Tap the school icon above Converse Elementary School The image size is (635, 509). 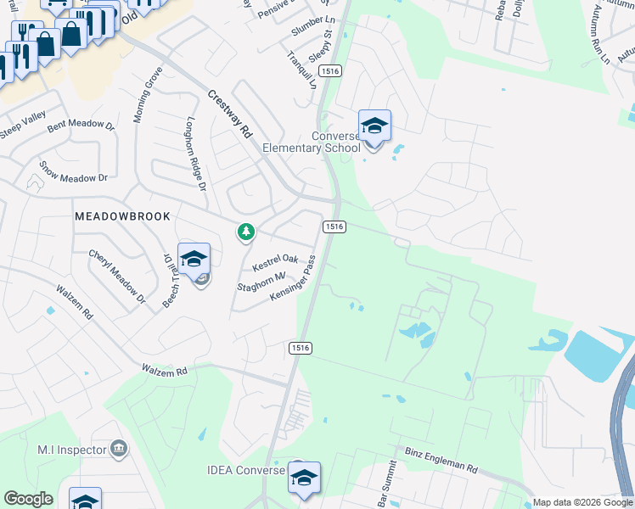click(374, 126)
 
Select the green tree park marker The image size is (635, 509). click(246, 231)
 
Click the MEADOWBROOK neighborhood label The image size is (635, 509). click(122, 216)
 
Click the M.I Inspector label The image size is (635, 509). click(71, 449)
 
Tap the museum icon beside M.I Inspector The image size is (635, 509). click(119, 449)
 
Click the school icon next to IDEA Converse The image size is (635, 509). click(304, 478)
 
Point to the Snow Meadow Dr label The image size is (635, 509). click(74, 176)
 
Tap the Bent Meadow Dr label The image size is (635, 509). click(81, 126)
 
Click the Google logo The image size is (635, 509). click(28, 499)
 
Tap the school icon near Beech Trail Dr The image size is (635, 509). click(194, 260)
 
